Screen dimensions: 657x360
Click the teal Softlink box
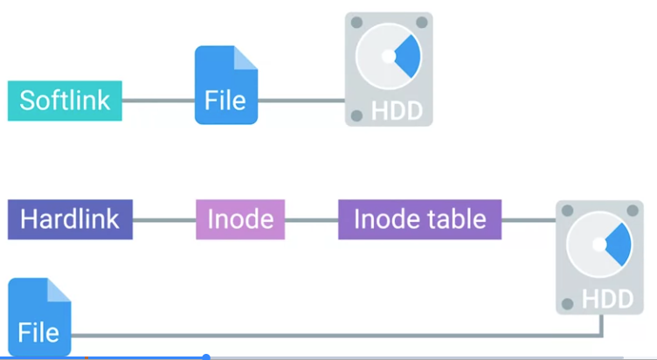[x=65, y=100]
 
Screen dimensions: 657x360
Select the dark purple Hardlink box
[x=71, y=219]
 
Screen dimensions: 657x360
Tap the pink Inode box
[x=240, y=219]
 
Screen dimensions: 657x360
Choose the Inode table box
[x=420, y=219]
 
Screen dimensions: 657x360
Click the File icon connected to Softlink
[x=226, y=85]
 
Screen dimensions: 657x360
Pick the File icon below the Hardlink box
[x=39, y=317]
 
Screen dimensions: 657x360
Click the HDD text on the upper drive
[x=397, y=111]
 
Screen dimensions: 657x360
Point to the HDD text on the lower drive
[x=607, y=299]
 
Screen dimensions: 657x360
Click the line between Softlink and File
[x=158, y=100]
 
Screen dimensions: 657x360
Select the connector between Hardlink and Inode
[x=164, y=219]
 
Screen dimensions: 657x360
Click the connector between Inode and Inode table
[x=311, y=219]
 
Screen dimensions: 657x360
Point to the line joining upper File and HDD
[x=301, y=100]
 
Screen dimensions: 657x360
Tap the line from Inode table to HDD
[x=529, y=219]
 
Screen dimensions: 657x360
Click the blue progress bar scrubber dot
[x=205, y=357]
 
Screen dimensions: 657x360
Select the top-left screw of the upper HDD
[x=356, y=22]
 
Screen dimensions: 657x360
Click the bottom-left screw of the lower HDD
[x=567, y=304]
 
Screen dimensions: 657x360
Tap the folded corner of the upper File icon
[x=246, y=58]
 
